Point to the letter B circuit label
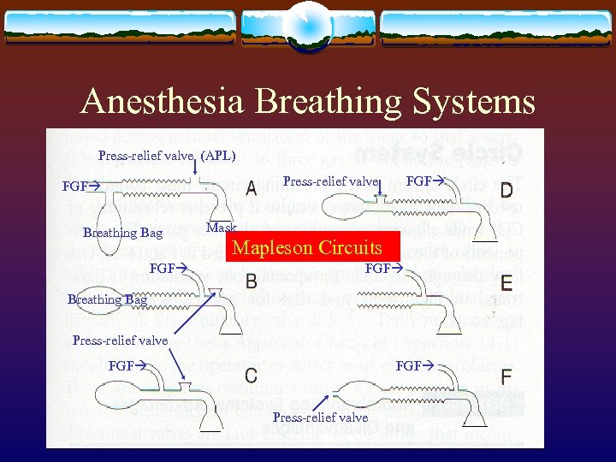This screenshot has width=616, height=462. tap(252, 280)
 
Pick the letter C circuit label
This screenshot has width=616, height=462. tap(252, 376)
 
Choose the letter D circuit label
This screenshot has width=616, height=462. tap(506, 188)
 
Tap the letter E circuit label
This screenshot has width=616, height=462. tap(506, 281)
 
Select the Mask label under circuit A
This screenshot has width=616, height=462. tap(221, 228)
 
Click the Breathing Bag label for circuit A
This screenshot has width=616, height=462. tap(122, 233)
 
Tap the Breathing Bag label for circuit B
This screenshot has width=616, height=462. tap(107, 299)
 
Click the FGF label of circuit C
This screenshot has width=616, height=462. tap(127, 365)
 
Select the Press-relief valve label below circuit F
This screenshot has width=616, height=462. tap(320, 418)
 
